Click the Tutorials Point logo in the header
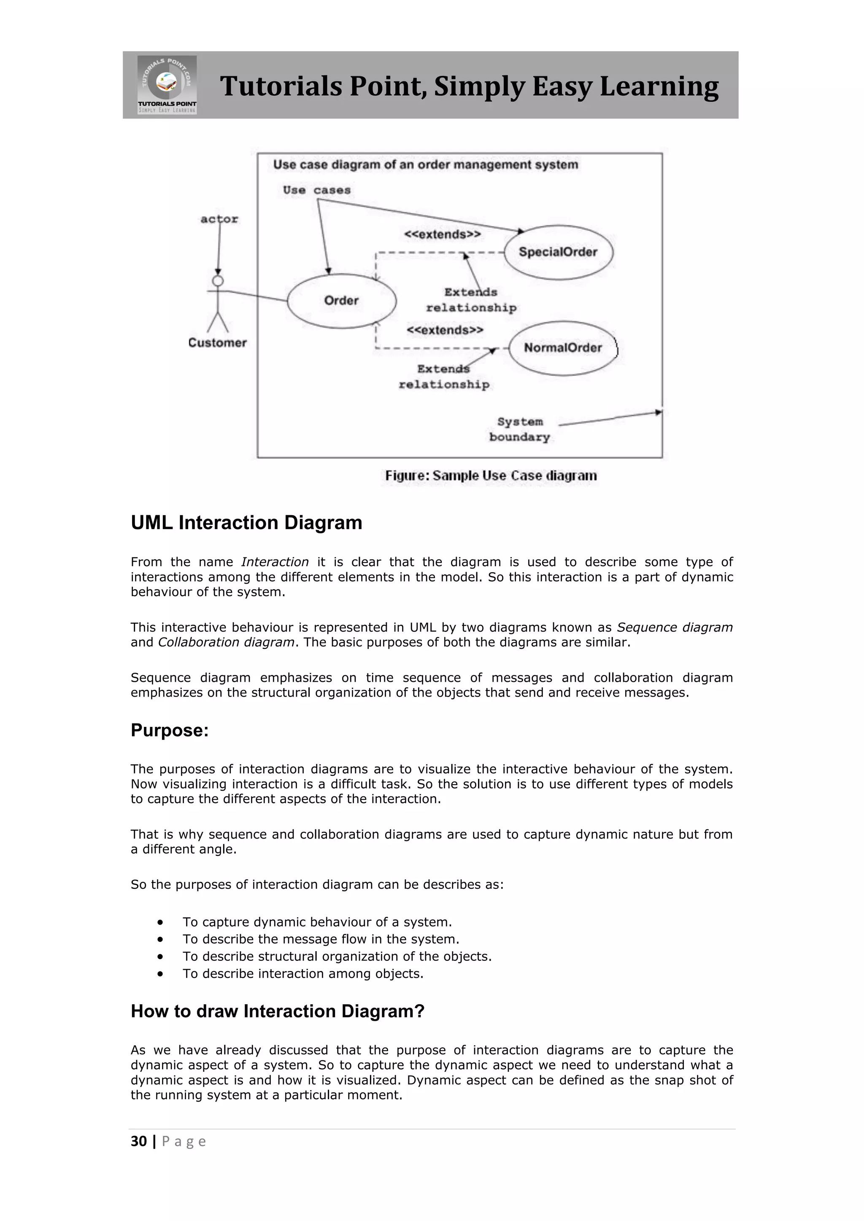click(167, 85)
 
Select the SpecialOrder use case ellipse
click(558, 252)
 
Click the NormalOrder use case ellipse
click(562, 348)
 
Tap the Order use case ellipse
click(342, 301)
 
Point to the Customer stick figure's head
click(218, 281)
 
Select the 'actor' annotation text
click(219, 219)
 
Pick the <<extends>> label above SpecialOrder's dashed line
click(442, 234)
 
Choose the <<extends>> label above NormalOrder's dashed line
click(445, 330)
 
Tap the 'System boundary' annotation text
click(519, 429)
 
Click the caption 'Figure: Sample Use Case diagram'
click(491, 476)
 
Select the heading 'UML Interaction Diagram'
click(246, 523)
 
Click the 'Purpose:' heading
click(170, 730)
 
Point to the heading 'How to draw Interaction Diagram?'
click(277, 1011)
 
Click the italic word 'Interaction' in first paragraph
click(275, 562)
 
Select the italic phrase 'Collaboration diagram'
click(226, 643)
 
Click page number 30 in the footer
click(139, 1141)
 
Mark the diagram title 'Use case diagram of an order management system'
click(425, 165)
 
